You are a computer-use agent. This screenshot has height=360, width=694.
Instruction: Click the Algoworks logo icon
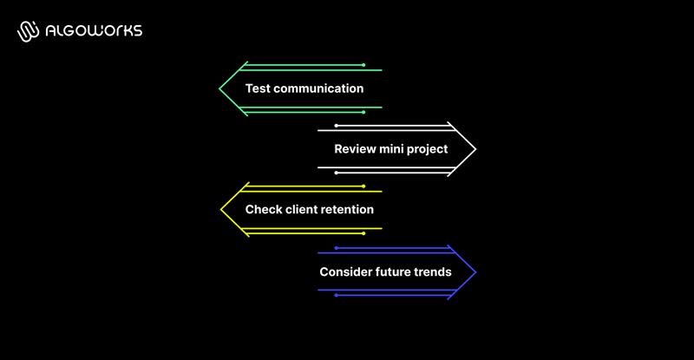tap(29, 31)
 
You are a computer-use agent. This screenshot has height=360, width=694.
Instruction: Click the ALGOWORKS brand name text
tap(95, 31)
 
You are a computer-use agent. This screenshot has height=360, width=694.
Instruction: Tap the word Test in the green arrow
tap(257, 88)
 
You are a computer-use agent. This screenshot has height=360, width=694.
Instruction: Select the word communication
tap(318, 88)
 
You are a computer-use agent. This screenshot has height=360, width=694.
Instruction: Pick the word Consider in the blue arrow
tap(344, 272)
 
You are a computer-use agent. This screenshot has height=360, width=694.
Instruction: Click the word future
tap(396, 272)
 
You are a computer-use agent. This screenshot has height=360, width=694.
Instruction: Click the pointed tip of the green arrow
tap(220, 88)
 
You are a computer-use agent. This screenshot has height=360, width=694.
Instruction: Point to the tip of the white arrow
tap(475, 149)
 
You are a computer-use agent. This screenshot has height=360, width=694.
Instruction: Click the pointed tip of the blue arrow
tap(475, 272)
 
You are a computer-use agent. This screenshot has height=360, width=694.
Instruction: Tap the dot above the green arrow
tap(363, 64)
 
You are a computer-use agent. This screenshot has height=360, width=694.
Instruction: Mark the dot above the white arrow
tap(337, 126)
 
